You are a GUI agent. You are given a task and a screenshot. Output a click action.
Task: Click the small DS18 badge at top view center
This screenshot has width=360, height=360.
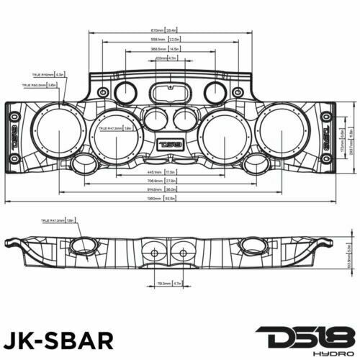click(171, 143)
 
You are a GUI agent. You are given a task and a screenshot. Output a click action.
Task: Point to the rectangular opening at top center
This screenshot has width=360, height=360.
click(171, 92)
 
